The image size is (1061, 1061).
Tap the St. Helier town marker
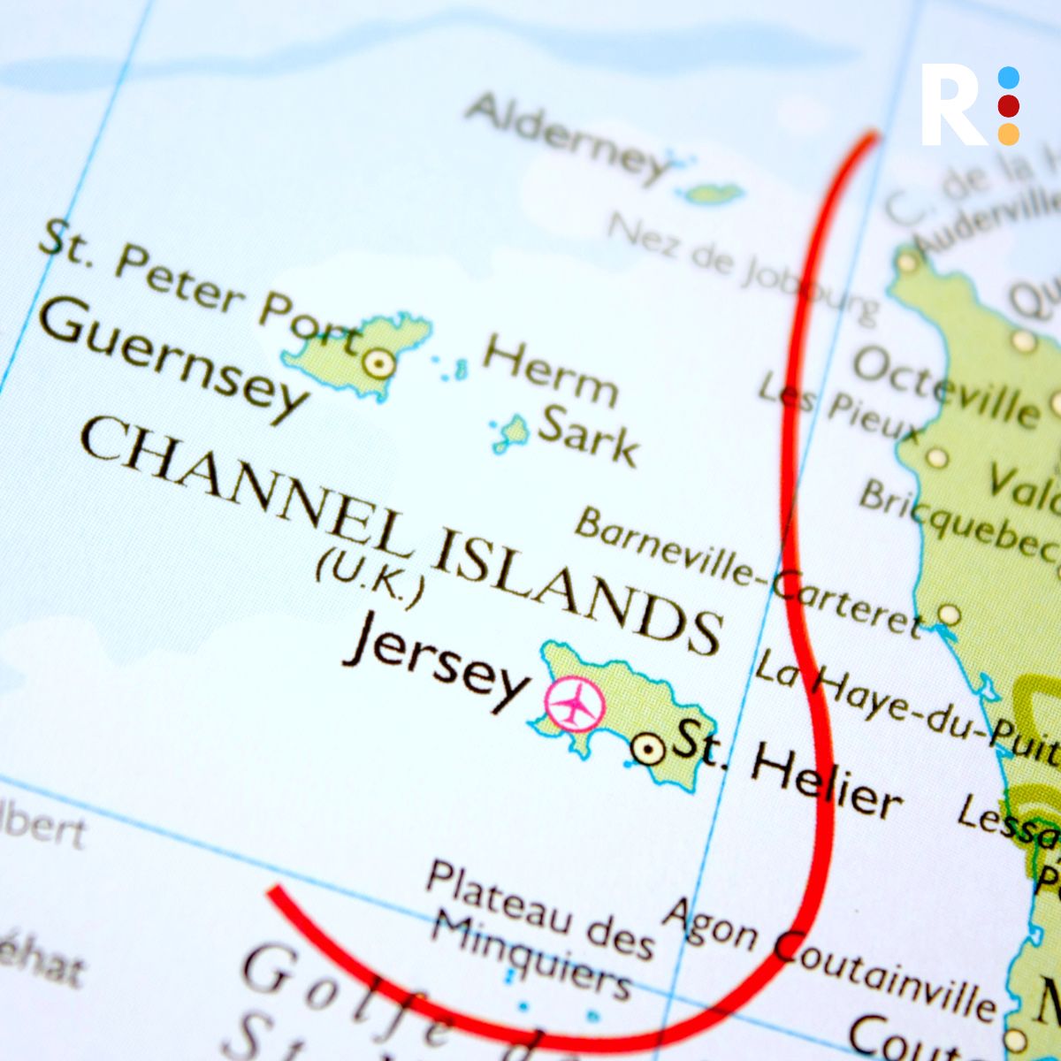pos(648,751)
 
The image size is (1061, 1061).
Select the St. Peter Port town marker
pos(378,363)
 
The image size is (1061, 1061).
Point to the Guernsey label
pos(172,358)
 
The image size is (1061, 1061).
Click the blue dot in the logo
pos(1009,78)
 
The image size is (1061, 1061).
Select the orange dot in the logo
pos(1009,134)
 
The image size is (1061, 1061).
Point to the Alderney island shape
pos(712,193)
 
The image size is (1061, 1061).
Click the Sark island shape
pos(512,432)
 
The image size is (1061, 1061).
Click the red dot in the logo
pos(1009,106)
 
